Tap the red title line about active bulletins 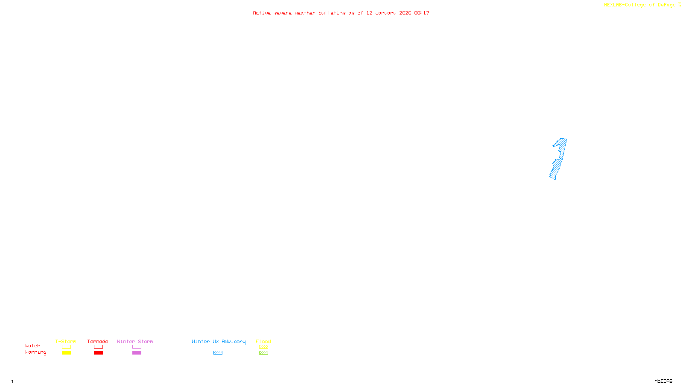point(341,13)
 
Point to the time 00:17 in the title point(422,13)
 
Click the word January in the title point(385,13)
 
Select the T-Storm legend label point(66,341)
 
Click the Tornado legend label point(98,341)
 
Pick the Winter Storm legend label point(135,341)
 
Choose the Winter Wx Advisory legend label point(219,341)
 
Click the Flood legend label point(263,341)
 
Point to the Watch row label point(33,346)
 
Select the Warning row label point(35,352)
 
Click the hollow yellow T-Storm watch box point(66,347)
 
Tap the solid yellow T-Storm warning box point(66,353)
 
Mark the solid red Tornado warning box point(98,353)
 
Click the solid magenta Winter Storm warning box point(137,353)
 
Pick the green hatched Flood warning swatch point(263,353)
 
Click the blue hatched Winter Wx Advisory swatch point(218,353)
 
